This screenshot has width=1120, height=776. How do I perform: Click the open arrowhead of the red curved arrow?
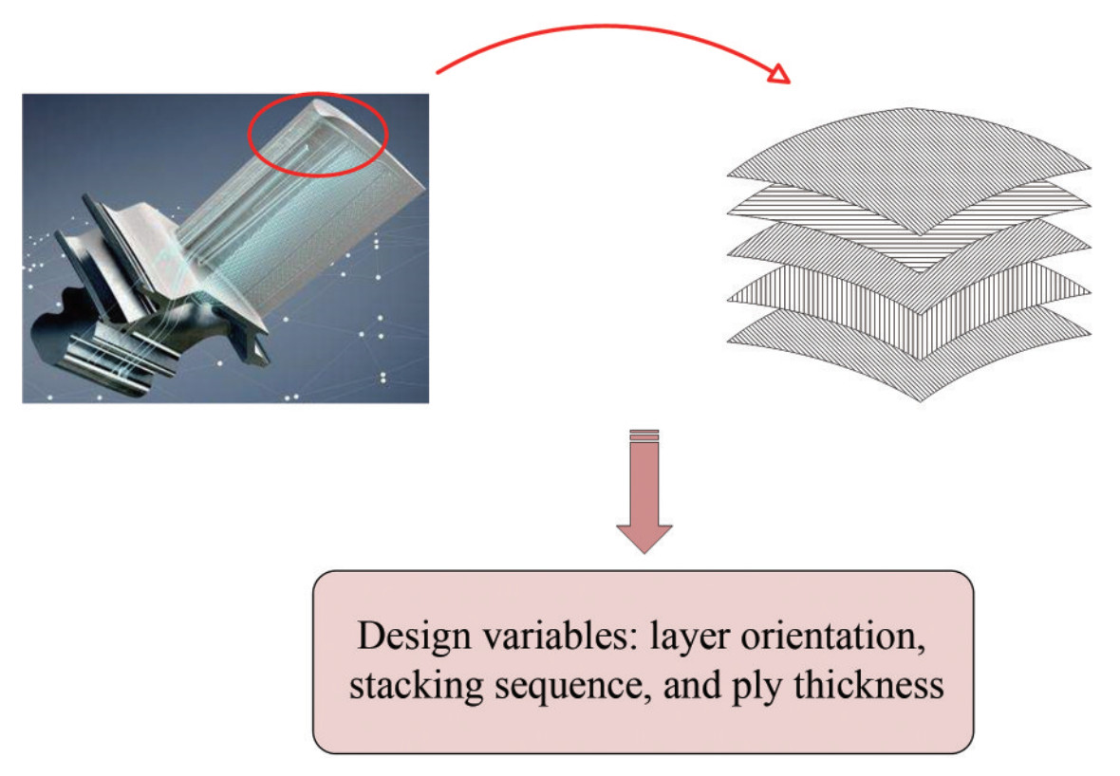coord(778,73)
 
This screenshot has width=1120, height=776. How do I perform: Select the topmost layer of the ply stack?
coord(908,166)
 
